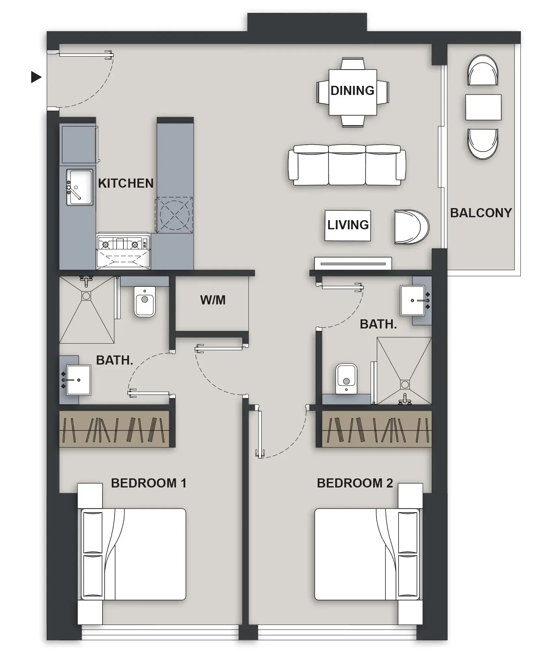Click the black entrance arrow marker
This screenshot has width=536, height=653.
(x=36, y=77)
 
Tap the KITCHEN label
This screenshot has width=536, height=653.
(x=126, y=183)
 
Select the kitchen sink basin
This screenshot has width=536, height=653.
(x=82, y=187)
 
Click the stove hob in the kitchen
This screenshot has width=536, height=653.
(x=123, y=244)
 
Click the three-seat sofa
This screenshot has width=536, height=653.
(x=347, y=165)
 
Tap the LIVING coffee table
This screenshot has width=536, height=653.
(x=348, y=225)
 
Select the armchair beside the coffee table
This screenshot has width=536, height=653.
(x=411, y=227)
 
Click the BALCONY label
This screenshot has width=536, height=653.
(x=481, y=213)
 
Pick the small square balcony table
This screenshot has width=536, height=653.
(x=483, y=107)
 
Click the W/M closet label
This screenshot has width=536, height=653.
(x=213, y=300)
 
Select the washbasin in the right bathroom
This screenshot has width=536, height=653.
(x=413, y=300)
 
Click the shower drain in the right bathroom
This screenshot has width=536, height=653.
(x=405, y=384)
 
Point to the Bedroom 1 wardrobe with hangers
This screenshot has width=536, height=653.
(x=114, y=429)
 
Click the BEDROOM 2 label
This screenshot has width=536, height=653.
(x=355, y=483)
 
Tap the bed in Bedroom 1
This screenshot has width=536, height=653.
(x=133, y=554)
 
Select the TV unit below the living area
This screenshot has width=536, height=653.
(x=353, y=264)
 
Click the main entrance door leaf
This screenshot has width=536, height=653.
(x=86, y=55)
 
